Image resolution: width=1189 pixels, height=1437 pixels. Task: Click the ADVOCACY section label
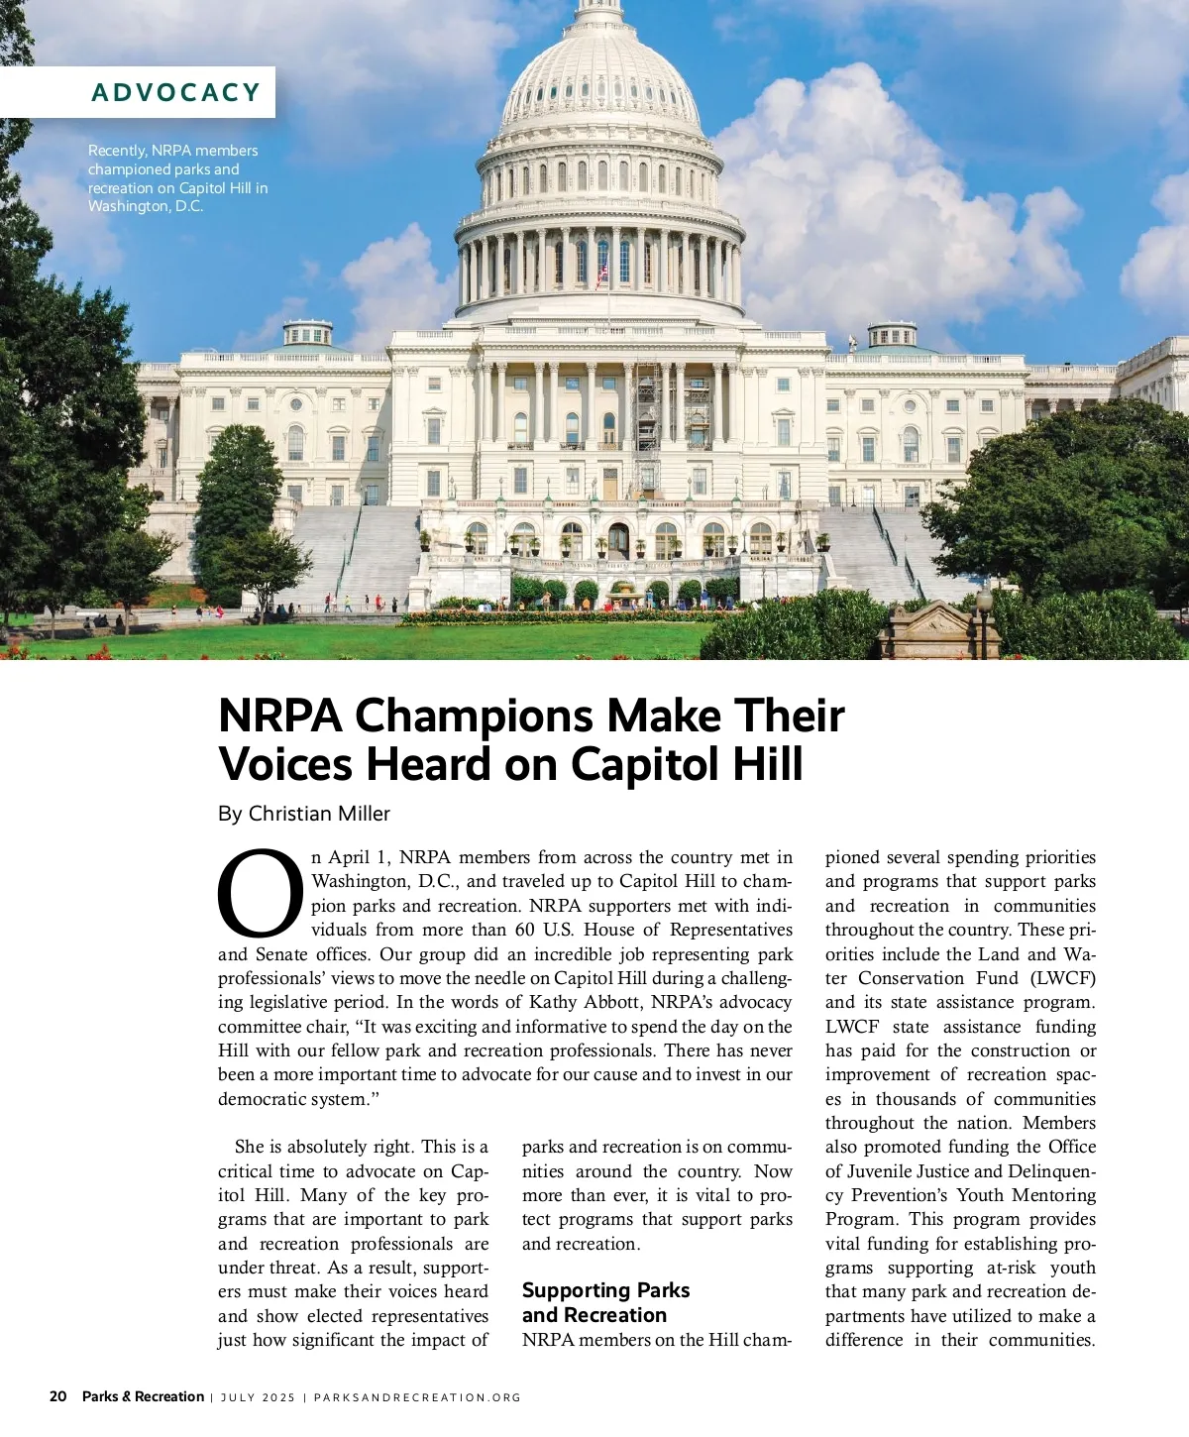175,92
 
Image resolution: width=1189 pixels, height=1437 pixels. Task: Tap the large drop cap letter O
261,892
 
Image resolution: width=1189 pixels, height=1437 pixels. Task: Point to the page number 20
58,1396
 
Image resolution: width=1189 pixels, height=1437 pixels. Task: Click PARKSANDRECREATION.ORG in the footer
417,1397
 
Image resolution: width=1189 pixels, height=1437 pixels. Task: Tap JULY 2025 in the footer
258,1397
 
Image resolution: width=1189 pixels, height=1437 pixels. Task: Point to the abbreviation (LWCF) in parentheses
1062,978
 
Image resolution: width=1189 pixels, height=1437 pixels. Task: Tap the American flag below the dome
601,273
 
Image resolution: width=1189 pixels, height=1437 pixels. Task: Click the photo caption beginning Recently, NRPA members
177,178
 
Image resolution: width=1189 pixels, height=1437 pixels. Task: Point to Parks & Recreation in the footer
143,1396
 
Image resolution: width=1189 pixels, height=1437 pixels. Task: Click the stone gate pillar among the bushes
927,632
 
